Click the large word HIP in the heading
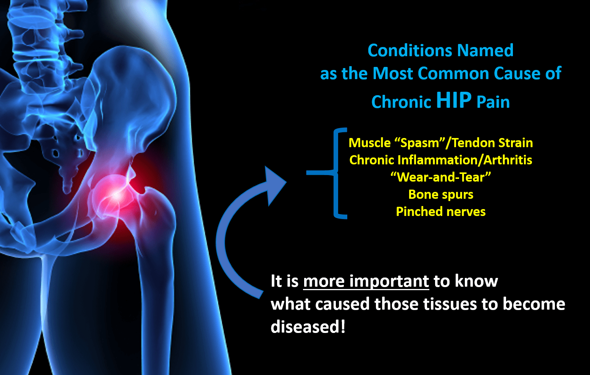pos(454,100)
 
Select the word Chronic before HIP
pos(401,102)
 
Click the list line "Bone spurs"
pos(441,195)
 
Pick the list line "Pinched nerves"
pos(441,212)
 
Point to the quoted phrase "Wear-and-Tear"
pos(441,177)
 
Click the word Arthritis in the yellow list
pos(508,160)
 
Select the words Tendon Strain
pos(493,143)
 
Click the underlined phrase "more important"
pos(366,281)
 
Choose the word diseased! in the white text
pos(308,326)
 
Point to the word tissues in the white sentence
pos(450,304)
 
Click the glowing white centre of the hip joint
pos(116,195)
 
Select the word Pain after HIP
pos(493,102)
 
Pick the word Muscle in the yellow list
pos(369,143)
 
